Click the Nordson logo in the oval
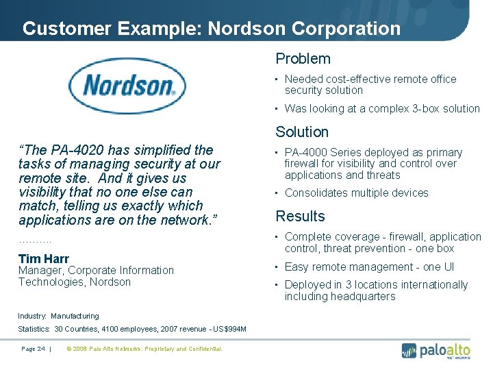(129, 86)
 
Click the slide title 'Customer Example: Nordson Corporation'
(211, 29)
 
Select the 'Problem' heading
(303, 59)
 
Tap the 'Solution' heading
(302, 132)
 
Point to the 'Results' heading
(300, 217)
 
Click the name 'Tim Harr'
(44, 258)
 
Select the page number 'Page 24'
(33, 349)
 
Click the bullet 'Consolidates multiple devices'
(356, 193)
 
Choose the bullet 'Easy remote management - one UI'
(369, 267)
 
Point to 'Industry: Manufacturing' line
(58, 316)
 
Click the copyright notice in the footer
(144, 349)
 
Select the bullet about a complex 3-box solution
(382, 108)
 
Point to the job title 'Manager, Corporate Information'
(96, 271)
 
